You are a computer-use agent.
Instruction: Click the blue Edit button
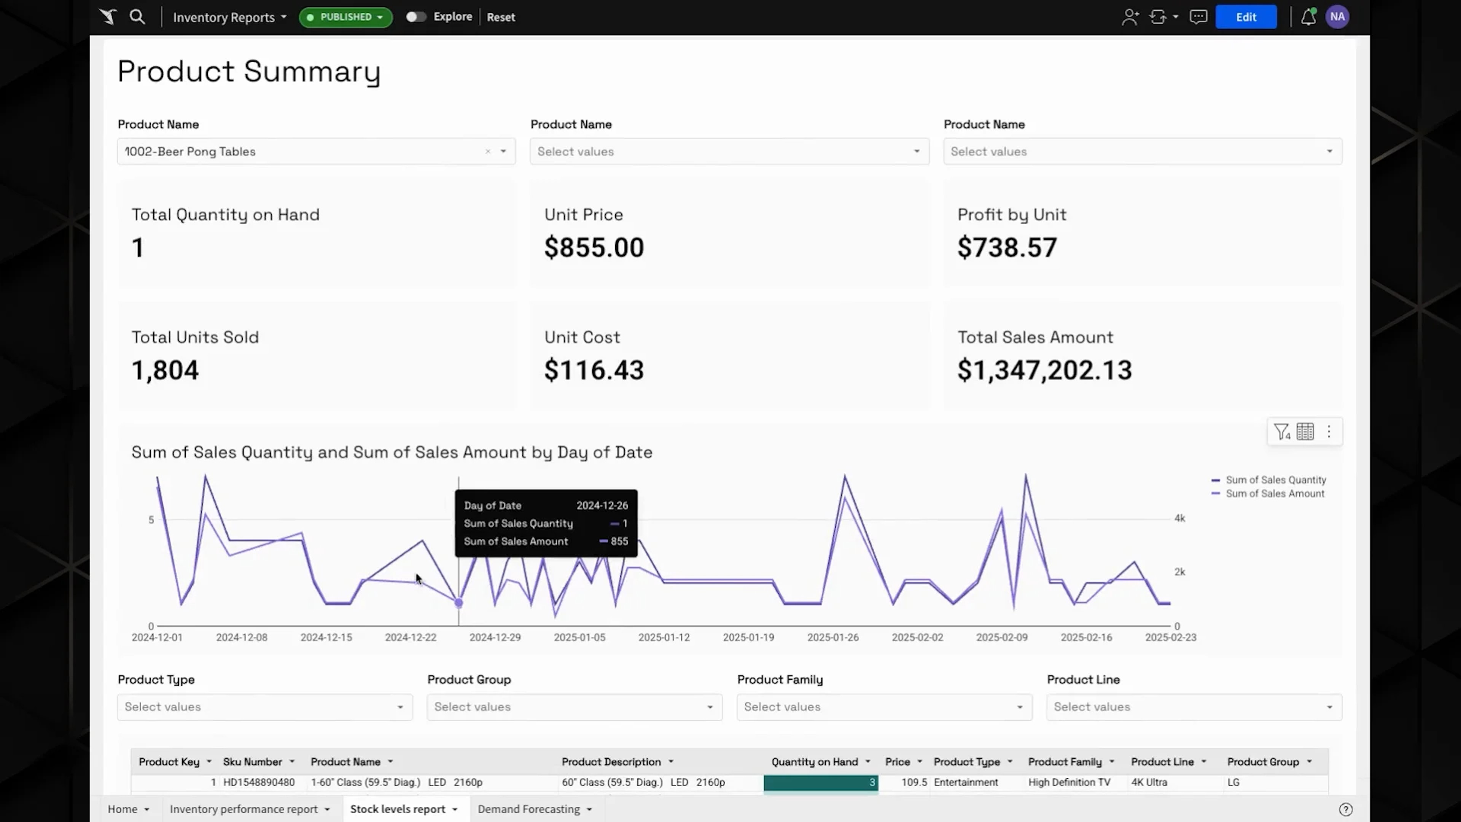(x=1246, y=17)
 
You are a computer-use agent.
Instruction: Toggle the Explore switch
(x=416, y=17)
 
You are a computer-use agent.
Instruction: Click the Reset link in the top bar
(x=501, y=17)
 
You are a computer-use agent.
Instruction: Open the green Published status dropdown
(x=345, y=17)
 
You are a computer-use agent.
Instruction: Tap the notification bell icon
(x=1308, y=17)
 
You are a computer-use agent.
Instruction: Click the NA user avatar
(x=1337, y=17)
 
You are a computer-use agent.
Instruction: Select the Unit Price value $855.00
(x=594, y=247)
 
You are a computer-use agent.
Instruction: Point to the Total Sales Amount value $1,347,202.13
(x=1045, y=370)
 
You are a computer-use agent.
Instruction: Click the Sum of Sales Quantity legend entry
(x=1269, y=480)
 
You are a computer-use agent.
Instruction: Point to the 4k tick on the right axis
(x=1180, y=518)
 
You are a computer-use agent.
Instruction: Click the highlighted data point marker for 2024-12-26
(x=459, y=603)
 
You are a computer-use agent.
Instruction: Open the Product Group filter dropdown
(x=575, y=707)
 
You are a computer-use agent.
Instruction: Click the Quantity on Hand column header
(x=815, y=762)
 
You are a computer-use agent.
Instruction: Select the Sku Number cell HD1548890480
(x=259, y=782)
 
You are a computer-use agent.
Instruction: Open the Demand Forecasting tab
(x=528, y=809)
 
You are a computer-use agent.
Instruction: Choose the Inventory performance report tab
(x=243, y=809)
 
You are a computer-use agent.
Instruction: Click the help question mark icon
(x=1346, y=809)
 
